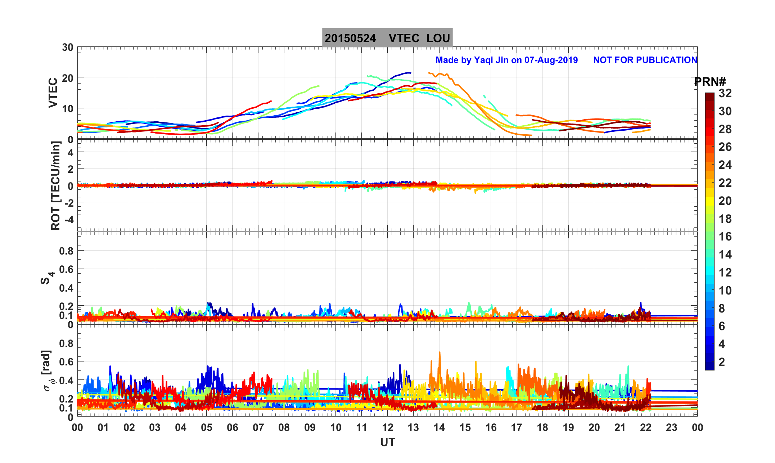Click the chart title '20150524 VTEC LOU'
[x=387, y=38]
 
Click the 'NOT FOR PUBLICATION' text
[x=645, y=60]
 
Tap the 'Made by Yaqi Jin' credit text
[x=506, y=60]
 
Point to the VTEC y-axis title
[x=53, y=93]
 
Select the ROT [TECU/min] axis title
[x=55, y=186]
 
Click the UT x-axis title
[x=388, y=442]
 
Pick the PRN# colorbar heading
[x=710, y=82]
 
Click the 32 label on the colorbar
[x=725, y=94]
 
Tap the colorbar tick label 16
[x=725, y=237]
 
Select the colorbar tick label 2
[x=722, y=362]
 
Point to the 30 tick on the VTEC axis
[x=67, y=48]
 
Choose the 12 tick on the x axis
[x=388, y=428]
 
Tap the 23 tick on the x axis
[x=672, y=428]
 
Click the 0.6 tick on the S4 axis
[x=66, y=269]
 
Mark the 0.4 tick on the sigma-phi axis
[x=66, y=381]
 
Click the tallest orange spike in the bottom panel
[x=440, y=353]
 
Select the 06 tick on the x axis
[x=233, y=428]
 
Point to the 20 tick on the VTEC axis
[x=67, y=78]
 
